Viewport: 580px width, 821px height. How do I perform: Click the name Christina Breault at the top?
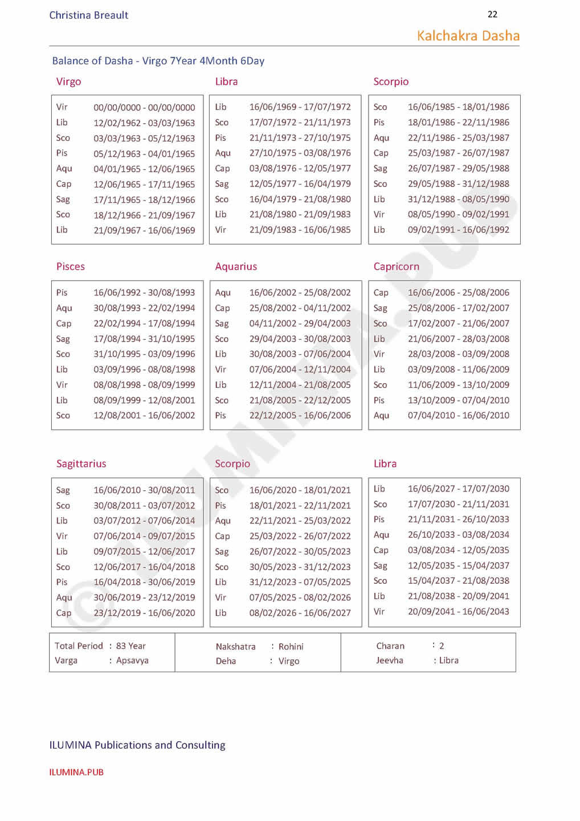89,15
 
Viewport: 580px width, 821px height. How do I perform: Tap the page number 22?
492,14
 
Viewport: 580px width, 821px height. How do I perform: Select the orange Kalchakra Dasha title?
468,36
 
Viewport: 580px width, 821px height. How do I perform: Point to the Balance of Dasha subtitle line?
158,61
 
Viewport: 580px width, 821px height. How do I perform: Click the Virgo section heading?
68,82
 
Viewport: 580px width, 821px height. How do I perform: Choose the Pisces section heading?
70,266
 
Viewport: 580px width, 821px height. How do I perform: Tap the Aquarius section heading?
236,266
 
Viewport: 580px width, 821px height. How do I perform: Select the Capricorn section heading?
396,266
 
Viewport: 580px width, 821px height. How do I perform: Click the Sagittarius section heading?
81,464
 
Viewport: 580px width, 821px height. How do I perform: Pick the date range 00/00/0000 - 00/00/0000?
144,107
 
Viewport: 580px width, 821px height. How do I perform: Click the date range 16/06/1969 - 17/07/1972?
300,107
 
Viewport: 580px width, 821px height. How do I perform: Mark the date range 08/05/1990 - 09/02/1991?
458,214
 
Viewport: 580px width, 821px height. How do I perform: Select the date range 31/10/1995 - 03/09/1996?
144,354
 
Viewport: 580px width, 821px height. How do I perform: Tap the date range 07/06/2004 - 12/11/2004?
300,369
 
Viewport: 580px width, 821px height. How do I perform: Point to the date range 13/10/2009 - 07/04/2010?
458,400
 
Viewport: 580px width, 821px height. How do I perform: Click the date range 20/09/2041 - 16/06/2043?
458,611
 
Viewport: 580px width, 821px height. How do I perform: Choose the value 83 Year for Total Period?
131,646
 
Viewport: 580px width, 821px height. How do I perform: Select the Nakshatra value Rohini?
291,647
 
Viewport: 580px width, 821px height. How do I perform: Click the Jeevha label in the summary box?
390,660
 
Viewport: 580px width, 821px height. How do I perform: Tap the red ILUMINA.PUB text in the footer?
76,772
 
